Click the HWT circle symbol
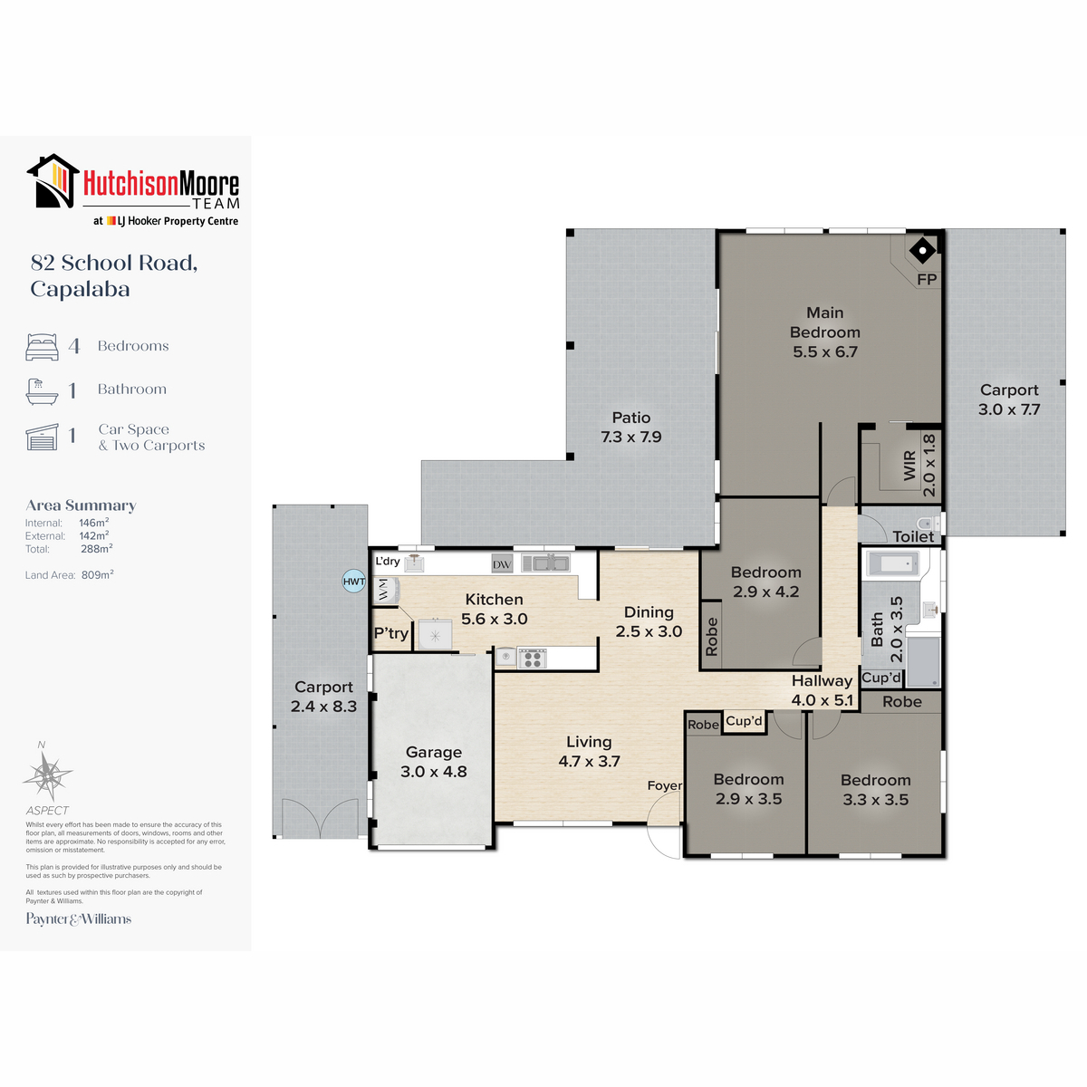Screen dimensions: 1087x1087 (353, 581)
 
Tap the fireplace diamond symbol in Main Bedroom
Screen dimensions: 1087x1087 (922, 250)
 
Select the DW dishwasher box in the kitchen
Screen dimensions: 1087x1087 (502, 564)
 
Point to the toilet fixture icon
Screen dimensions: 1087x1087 (928, 523)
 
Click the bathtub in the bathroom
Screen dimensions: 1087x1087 (893, 563)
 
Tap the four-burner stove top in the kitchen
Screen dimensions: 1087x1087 (532, 659)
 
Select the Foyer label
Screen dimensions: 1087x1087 (665, 785)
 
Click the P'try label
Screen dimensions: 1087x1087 (391, 633)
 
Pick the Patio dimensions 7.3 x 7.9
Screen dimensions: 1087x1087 (630, 437)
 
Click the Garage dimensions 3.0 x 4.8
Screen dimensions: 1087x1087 (433, 771)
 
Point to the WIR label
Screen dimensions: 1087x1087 (909, 466)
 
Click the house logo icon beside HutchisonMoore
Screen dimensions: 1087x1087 (53, 181)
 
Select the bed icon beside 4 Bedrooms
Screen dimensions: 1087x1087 (42, 346)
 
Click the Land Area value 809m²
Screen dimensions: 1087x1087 (98, 575)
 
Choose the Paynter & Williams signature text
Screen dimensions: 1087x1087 (79, 919)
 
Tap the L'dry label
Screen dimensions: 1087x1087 (388, 561)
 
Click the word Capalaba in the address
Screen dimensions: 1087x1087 (80, 289)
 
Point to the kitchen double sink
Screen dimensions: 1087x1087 (545, 563)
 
